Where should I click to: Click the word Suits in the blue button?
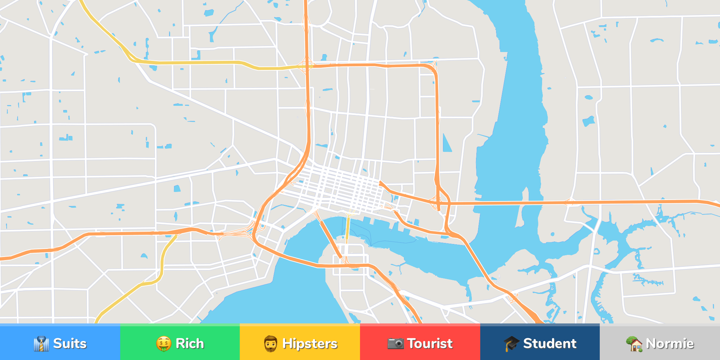(70, 343)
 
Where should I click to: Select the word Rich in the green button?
(189, 343)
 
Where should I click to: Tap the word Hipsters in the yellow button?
(309, 343)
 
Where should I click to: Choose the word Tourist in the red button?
(430, 343)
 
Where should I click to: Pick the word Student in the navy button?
(549, 343)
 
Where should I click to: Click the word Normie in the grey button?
(670, 343)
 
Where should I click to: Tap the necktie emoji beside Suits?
(41, 343)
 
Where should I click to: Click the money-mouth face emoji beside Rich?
(164, 343)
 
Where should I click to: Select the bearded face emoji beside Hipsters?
(271, 343)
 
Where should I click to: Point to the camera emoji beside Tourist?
(396, 343)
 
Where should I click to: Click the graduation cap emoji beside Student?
(511, 343)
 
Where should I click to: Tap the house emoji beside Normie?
(634, 343)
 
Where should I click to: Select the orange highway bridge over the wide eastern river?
(499, 203)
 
